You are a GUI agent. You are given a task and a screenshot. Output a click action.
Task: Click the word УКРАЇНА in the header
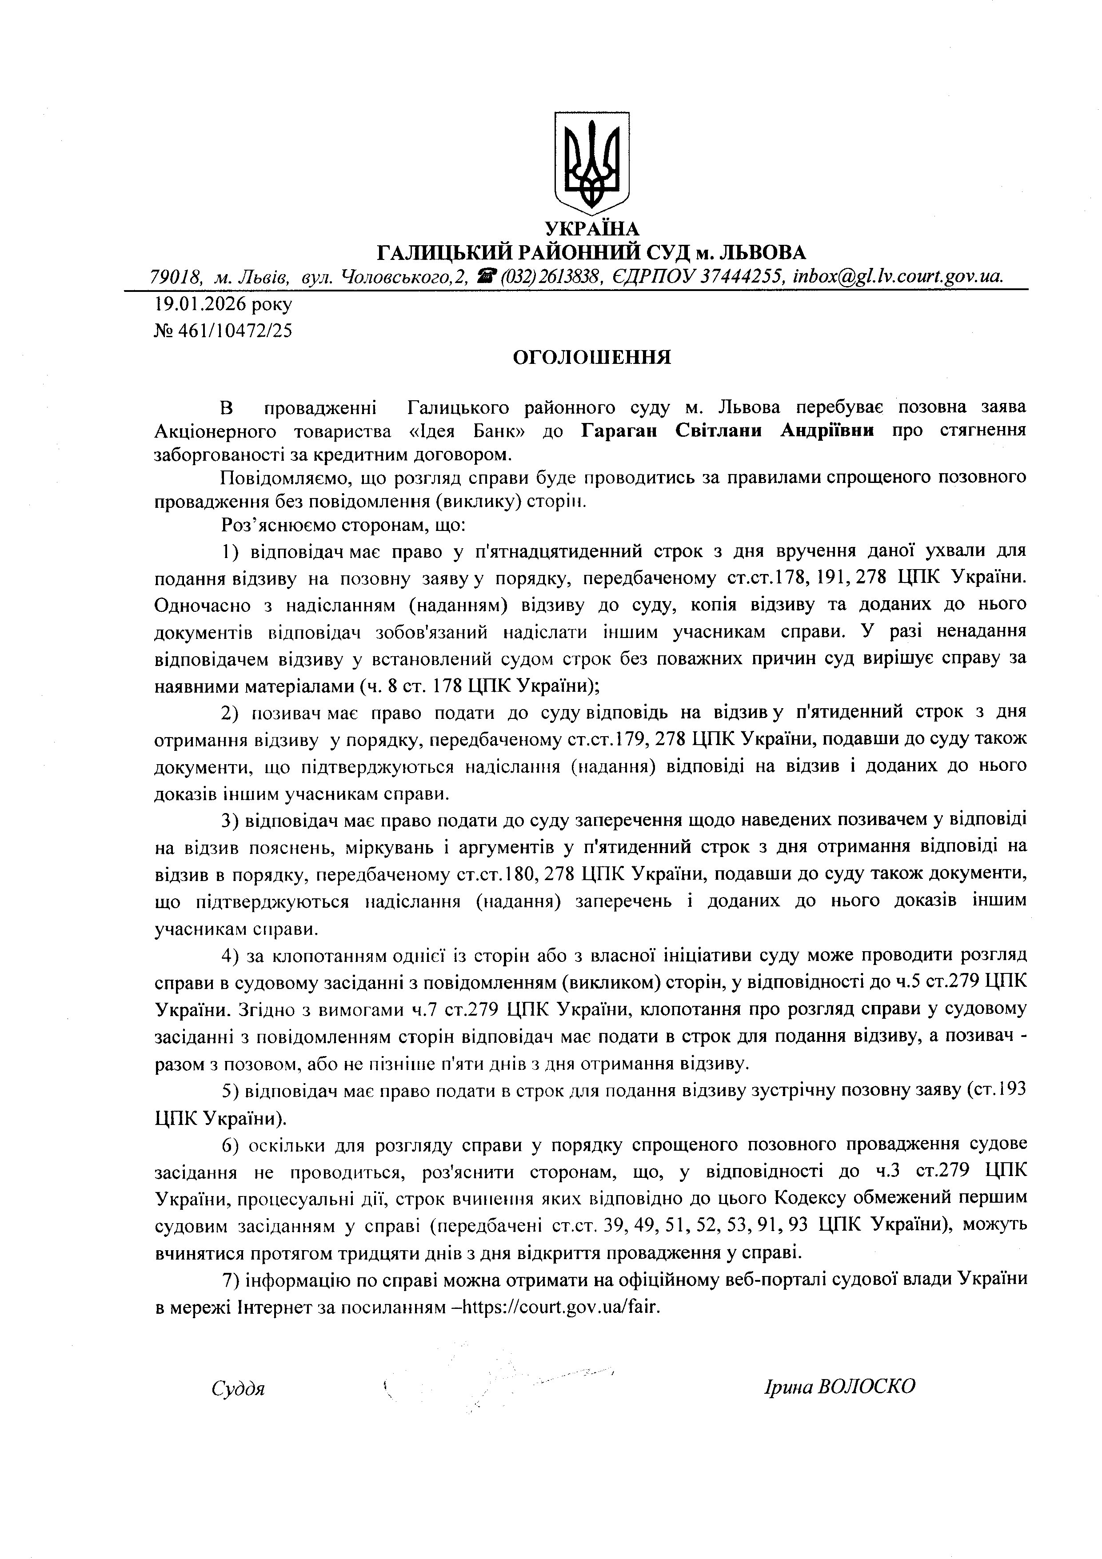592,229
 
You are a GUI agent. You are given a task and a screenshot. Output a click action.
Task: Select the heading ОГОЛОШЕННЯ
591,357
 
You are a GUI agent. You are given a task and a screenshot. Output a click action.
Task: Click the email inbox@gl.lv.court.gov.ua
898,277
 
